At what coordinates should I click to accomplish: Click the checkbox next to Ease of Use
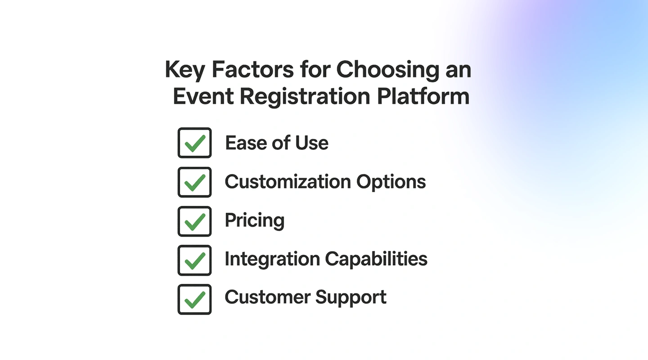[194, 143]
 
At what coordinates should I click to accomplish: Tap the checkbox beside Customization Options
[194, 182]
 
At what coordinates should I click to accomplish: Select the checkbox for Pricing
[194, 221]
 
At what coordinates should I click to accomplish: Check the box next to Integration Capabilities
[194, 260]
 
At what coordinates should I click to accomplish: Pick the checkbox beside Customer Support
[194, 299]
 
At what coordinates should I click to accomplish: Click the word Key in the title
[184, 70]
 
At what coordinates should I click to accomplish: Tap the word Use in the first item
[311, 143]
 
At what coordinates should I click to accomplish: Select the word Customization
[288, 182]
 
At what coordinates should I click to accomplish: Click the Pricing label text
[255, 221]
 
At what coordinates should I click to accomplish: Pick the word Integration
[272, 259]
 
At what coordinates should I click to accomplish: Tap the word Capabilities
[376, 259]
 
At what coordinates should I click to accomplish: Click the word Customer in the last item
[267, 297]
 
